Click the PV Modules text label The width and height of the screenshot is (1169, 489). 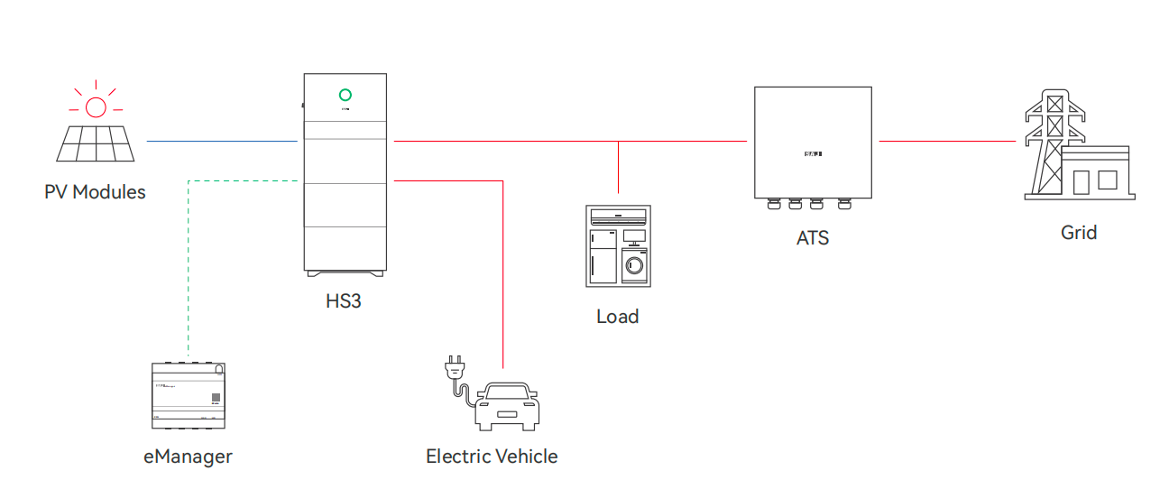(95, 192)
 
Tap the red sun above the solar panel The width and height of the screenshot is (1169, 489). (95, 106)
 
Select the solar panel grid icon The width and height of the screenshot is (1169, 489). (97, 143)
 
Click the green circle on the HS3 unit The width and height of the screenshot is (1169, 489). (345, 95)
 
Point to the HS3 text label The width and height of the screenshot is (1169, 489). (344, 301)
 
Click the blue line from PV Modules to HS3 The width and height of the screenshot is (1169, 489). (221, 141)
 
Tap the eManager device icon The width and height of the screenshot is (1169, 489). (188, 395)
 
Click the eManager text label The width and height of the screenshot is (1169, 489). (188, 457)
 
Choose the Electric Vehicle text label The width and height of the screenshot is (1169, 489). (492, 457)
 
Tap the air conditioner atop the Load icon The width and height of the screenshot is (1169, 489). (618, 217)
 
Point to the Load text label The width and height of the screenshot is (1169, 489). (618, 317)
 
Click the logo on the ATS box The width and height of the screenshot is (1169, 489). (813, 154)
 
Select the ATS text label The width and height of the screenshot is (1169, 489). (813, 239)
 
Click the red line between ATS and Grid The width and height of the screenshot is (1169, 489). (947, 141)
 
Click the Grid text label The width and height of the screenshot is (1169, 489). (1079, 233)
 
